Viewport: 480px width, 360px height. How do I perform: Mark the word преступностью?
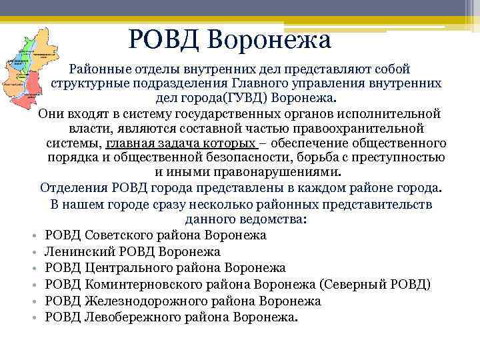(405, 157)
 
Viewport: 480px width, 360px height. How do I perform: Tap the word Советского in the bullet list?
(117, 235)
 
